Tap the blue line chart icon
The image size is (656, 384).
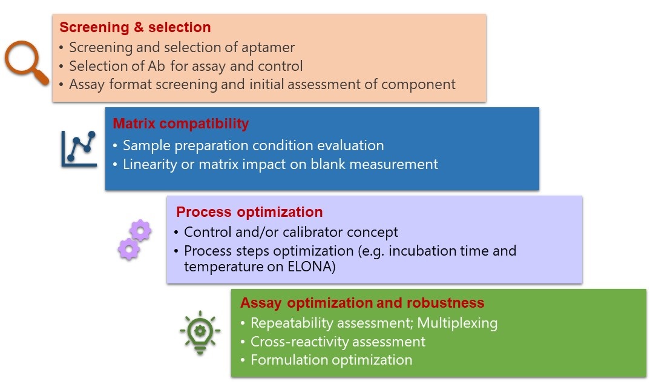pos(79,148)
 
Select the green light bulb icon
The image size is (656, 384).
pos(200,331)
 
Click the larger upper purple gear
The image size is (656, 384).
pos(140,231)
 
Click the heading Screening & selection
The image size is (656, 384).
pos(135,28)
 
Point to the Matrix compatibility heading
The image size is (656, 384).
pos(180,124)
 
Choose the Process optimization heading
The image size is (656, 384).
pos(249,213)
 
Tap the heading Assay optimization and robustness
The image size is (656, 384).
pos(362,303)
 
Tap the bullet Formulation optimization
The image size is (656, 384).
pos(331,360)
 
